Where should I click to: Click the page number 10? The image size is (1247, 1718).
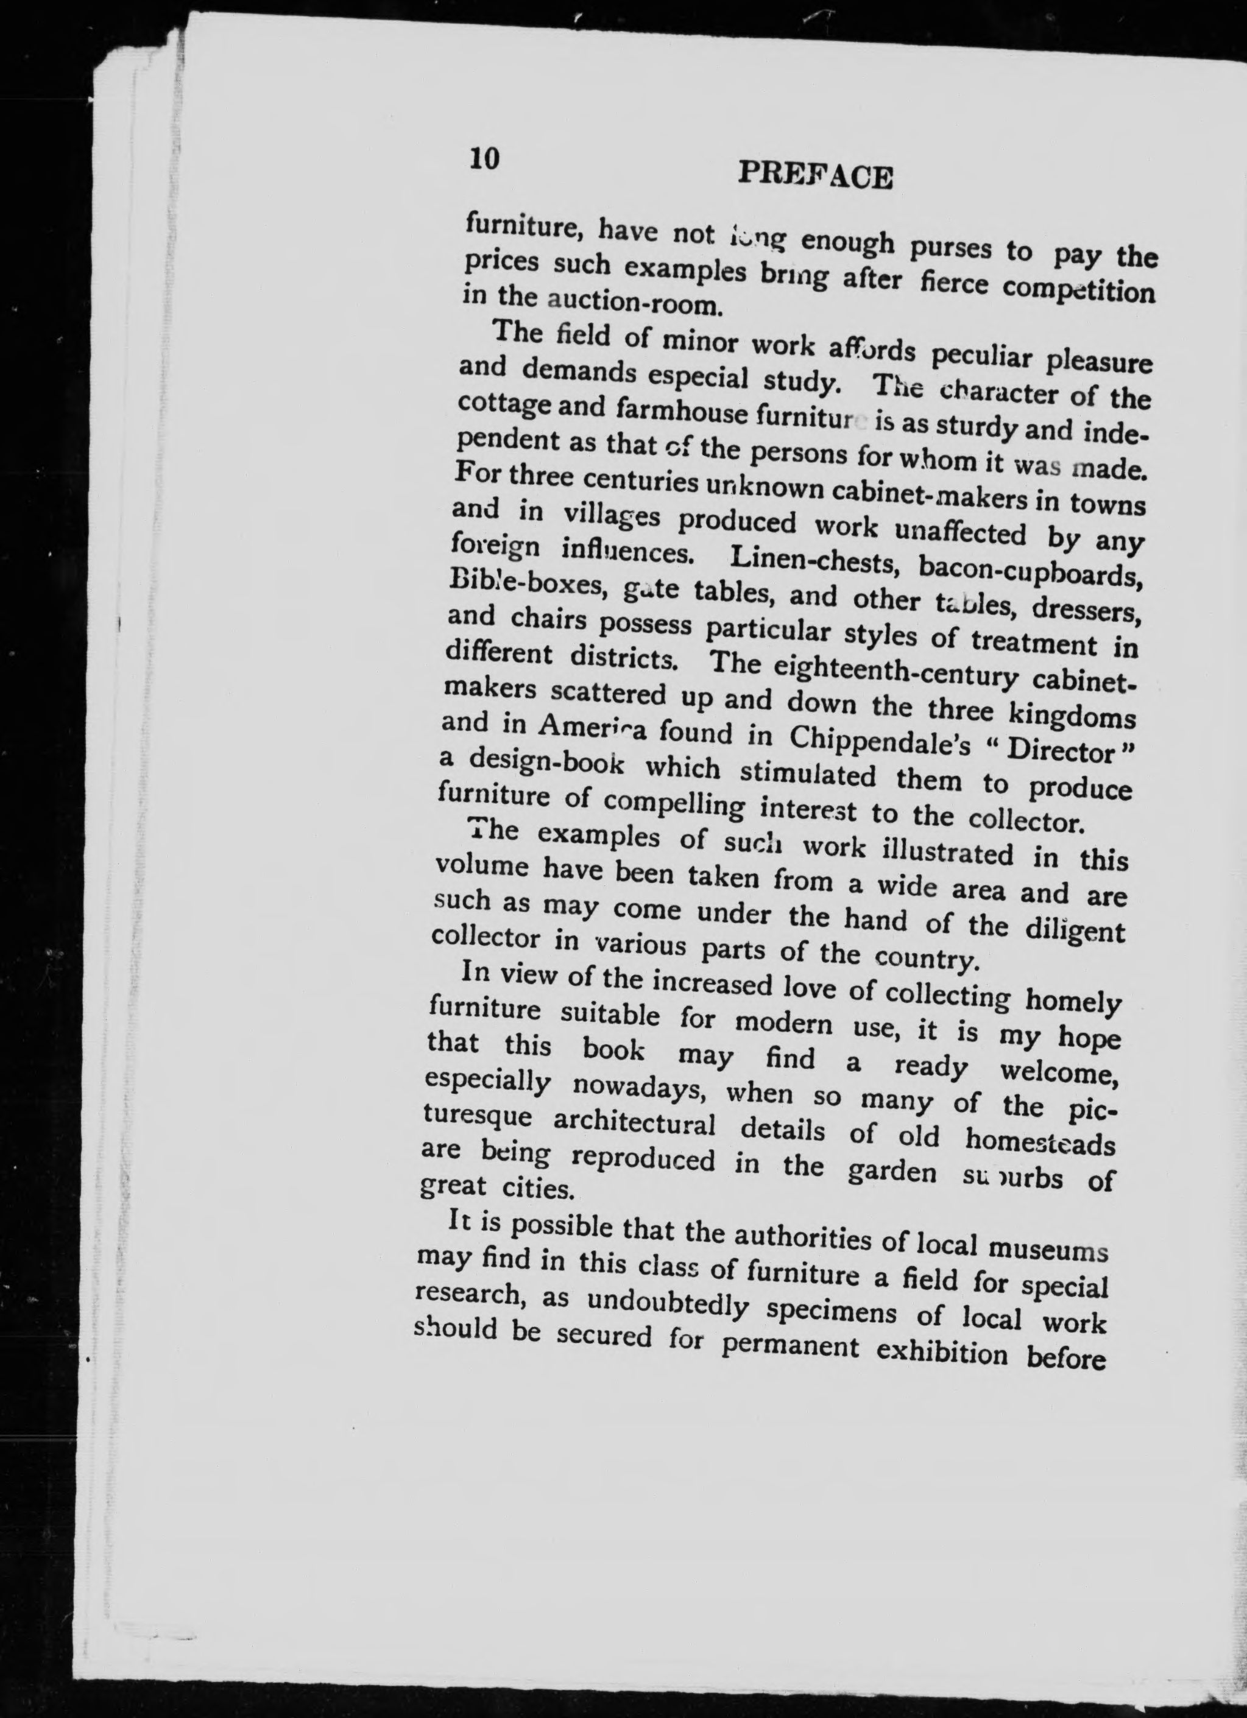pos(485,159)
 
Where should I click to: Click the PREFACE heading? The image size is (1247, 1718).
pos(815,176)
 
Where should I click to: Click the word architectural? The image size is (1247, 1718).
pos(634,1124)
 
